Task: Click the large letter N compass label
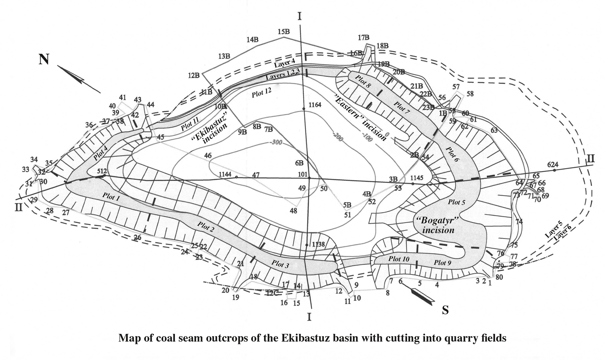point(44,60)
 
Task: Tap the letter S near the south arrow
point(445,310)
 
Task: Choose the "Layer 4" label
point(284,63)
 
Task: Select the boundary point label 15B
point(284,32)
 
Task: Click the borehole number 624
point(553,164)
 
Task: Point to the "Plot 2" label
point(205,227)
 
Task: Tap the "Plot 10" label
point(399,259)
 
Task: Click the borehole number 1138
point(318,244)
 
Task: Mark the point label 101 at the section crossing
point(302,174)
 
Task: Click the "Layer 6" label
point(562,234)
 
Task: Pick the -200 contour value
point(337,137)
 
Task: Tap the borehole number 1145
point(417,178)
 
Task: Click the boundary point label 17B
point(364,38)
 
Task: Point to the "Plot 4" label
point(101,153)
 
